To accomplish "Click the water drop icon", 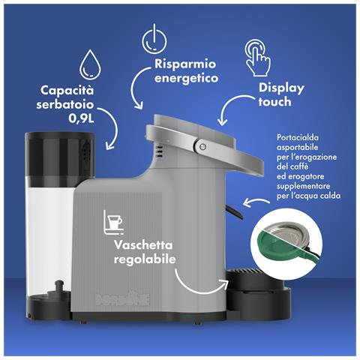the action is coord(90,64).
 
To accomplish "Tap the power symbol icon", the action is coord(154,40).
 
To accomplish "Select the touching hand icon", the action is coord(257,58).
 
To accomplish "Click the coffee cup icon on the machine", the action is coord(113,222).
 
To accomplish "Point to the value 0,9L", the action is coord(81,118).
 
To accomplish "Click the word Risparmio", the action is coord(185,64).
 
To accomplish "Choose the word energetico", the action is coord(187,78).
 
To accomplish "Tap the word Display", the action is coord(281,88).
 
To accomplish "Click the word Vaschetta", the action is coord(143,245).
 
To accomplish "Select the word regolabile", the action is coord(145,259).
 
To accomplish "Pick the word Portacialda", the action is coord(298,137).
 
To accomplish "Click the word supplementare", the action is coord(303,186).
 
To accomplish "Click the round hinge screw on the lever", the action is coord(202,147).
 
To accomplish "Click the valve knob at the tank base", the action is coord(59,287).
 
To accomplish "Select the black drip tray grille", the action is coord(246,271).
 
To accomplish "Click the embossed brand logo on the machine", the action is coord(122,298).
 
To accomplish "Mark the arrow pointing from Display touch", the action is coord(234,106).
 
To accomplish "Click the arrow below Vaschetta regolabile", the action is coord(197,288).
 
